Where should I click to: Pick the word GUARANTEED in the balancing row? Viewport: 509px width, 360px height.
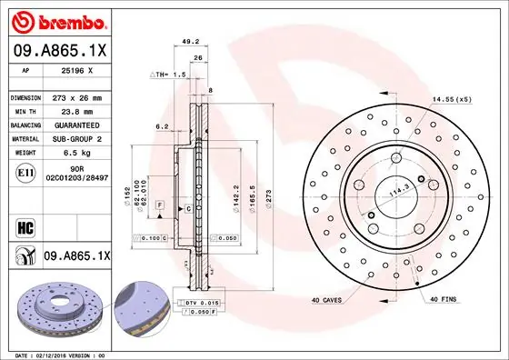pyautogui.click(x=79, y=125)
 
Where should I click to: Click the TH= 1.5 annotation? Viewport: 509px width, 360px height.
pyautogui.click(x=169, y=74)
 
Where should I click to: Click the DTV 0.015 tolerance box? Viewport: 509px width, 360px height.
pyautogui.click(x=204, y=301)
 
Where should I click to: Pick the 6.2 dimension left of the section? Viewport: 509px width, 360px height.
pyautogui.click(x=162, y=126)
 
